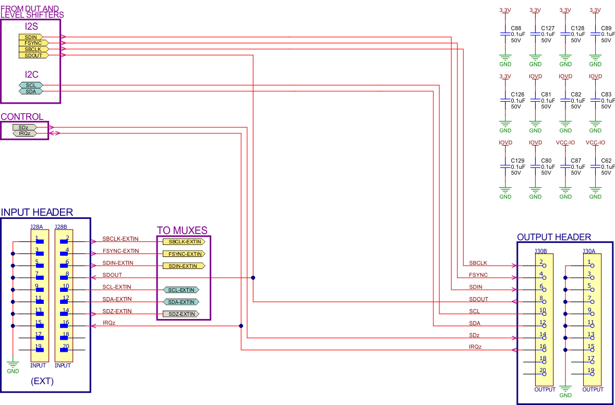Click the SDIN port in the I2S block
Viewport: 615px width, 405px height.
[x=31, y=37]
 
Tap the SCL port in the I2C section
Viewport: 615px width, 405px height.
[x=31, y=85]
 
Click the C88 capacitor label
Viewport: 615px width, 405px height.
[x=516, y=28]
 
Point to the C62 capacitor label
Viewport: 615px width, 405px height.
[x=606, y=161]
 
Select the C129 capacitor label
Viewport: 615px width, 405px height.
[x=517, y=161]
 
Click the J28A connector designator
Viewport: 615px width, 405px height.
[x=37, y=227]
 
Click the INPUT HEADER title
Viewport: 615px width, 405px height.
[x=37, y=212]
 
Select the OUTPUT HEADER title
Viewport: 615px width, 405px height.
[x=554, y=237]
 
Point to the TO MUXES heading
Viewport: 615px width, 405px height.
[x=182, y=230]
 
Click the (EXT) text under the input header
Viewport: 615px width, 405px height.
[x=43, y=381]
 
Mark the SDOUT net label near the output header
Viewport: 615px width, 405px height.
[x=478, y=299]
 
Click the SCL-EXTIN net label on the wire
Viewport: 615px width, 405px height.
[x=117, y=287]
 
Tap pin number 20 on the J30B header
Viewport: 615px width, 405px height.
[x=542, y=371]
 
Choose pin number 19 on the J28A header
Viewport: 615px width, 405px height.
[x=38, y=347]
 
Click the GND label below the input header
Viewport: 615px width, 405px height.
[x=13, y=371]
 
